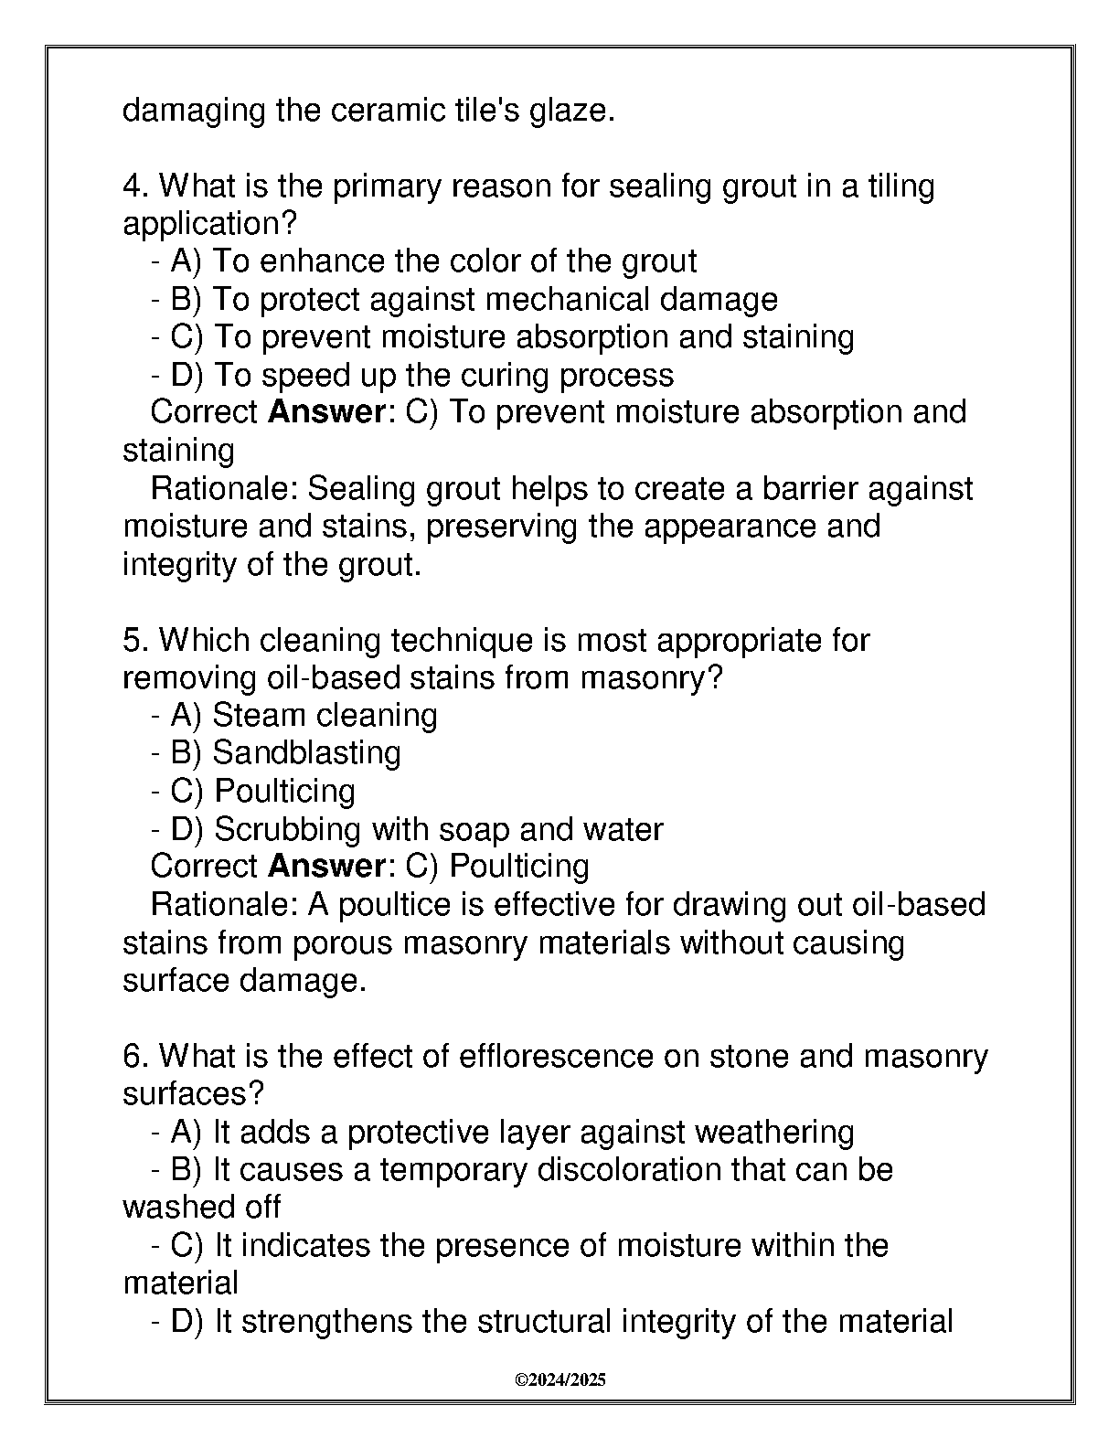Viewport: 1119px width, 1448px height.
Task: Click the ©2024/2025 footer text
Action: (560, 1379)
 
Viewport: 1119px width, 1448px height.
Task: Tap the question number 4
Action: (132, 186)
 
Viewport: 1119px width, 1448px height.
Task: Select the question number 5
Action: (132, 640)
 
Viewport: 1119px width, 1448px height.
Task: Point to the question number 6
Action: (132, 1057)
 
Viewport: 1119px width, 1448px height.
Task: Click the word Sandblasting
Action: (306, 752)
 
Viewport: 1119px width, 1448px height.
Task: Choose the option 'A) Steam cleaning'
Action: (293, 715)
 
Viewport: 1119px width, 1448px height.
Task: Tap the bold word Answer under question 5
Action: (326, 866)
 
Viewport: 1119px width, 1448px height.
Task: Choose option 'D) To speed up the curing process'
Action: (411, 375)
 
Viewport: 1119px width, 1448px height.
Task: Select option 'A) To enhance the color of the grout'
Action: (423, 261)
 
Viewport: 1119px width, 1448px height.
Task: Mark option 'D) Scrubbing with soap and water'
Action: (406, 829)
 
